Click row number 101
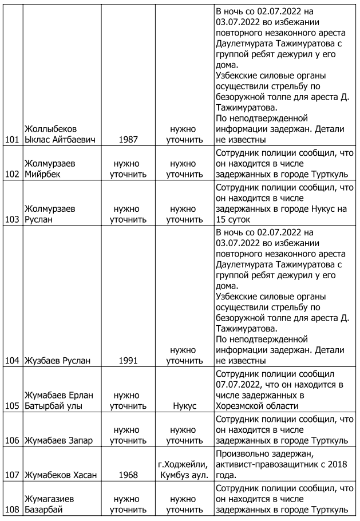[x=11, y=139]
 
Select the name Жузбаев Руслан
[x=56, y=360]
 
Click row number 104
[x=11, y=360]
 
